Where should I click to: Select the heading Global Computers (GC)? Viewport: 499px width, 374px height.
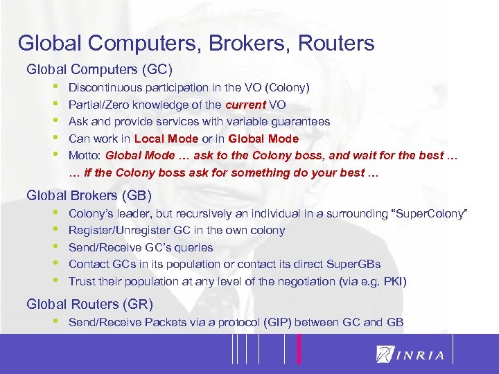99,70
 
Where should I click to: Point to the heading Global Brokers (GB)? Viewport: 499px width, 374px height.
89,195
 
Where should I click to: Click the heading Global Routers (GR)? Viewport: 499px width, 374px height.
89,304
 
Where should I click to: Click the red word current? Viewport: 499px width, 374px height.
246,105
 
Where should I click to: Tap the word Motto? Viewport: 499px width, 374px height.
85,155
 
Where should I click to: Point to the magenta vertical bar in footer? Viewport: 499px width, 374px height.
299,348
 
